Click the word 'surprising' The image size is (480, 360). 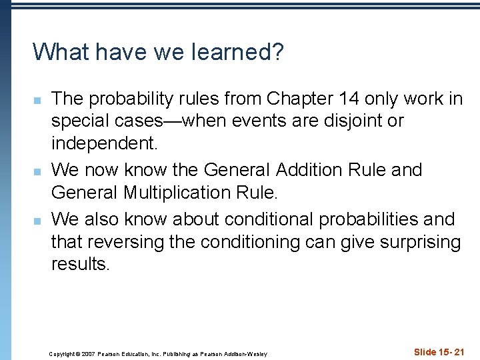(420, 241)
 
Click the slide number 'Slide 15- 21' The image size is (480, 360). (439, 352)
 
